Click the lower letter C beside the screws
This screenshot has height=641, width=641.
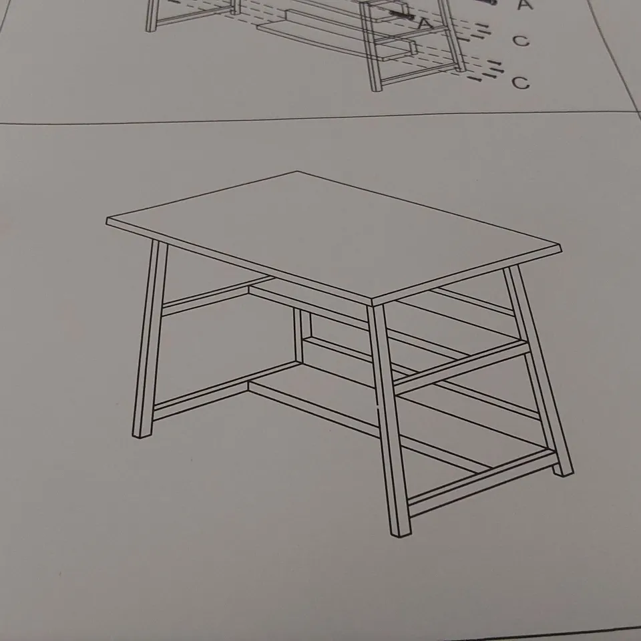pyautogui.click(x=520, y=82)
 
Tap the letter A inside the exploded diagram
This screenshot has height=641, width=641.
pyautogui.click(x=425, y=23)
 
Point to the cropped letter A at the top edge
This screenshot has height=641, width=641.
pyautogui.click(x=525, y=4)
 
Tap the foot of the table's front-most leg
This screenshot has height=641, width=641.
pyautogui.click(x=401, y=533)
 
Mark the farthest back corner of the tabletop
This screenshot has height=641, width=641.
pyautogui.click(x=297, y=172)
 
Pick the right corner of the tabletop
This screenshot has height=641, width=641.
pyautogui.click(x=560, y=246)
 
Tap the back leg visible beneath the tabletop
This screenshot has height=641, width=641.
pyautogui.click(x=301, y=336)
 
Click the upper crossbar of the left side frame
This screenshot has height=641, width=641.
pyautogui.click(x=216, y=296)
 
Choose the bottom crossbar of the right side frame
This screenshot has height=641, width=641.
pyautogui.click(x=482, y=482)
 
